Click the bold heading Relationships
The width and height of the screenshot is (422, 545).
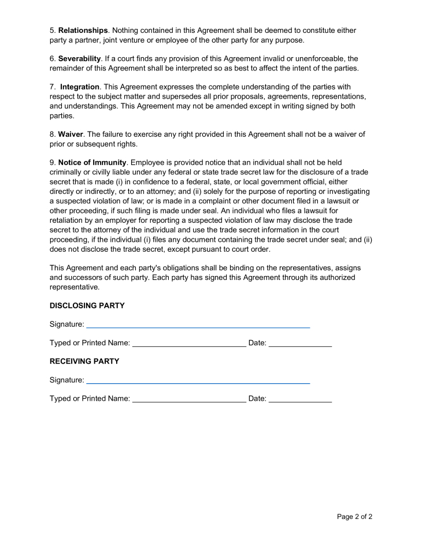tap(83, 30)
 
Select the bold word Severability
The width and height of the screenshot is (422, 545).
tap(80, 59)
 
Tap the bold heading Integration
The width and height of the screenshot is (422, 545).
tap(80, 87)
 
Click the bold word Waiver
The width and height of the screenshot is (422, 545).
tap(71, 135)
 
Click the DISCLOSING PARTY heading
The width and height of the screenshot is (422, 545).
tap(87, 305)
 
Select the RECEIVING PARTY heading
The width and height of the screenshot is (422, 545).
tap(84, 361)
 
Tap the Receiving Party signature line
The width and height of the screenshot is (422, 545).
tap(198, 382)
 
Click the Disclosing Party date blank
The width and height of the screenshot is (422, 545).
tap(300, 345)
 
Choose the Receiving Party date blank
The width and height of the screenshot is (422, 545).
tap(300, 400)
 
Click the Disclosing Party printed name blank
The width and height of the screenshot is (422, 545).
tap(189, 345)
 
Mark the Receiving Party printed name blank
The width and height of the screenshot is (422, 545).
tap(189, 400)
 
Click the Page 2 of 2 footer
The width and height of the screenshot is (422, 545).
tap(354, 517)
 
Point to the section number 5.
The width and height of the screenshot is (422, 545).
tap(52, 30)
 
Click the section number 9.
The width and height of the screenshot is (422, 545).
tap(52, 163)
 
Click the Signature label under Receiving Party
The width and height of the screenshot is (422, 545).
tap(66, 380)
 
